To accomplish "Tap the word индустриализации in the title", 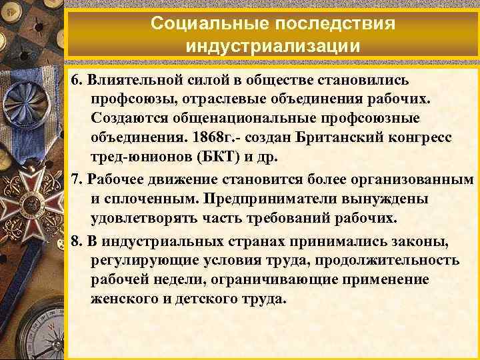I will pos(273,47).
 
